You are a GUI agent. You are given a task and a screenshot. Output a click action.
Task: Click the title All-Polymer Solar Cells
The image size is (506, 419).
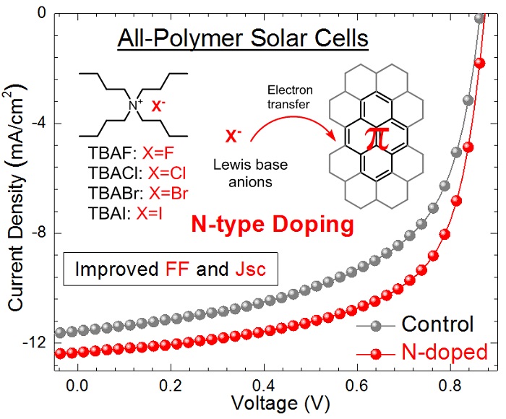(x=243, y=39)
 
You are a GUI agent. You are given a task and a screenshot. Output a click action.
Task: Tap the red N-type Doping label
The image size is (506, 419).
(x=273, y=225)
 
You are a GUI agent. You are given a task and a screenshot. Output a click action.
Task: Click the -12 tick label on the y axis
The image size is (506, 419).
(x=34, y=342)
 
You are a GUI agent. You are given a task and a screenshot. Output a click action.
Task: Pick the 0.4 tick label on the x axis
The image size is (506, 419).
(x=264, y=385)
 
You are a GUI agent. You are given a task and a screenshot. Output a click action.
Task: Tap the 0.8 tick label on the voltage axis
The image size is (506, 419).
(x=450, y=385)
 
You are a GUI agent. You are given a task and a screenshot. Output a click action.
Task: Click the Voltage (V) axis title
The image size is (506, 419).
(x=280, y=404)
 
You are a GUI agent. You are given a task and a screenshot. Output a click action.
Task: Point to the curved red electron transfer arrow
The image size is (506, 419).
(x=290, y=119)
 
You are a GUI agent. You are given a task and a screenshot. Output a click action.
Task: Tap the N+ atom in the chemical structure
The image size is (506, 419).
(x=135, y=105)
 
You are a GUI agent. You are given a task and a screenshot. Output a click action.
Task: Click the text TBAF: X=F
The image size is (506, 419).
(x=131, y=153)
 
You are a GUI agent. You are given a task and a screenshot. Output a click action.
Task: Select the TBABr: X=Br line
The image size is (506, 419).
(x=138, y=193)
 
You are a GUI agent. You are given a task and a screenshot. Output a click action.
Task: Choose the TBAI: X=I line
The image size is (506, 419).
(x=125, y=213)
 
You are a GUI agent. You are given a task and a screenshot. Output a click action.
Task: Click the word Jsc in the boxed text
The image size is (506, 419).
(x=250, y=269)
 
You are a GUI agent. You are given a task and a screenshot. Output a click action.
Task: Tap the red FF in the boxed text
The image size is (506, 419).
(x=177, y=269)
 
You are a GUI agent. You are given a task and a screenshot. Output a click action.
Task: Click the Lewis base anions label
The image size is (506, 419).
(x=250, y=173)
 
